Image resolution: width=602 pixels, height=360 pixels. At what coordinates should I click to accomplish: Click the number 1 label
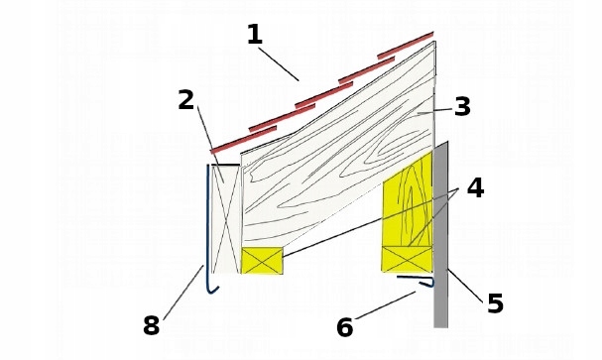[255, 35]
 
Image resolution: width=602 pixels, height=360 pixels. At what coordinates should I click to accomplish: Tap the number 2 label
[186, 100]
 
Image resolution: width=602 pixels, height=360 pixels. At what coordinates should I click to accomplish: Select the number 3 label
[462, 106]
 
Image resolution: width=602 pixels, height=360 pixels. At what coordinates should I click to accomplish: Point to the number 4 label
[475, 188]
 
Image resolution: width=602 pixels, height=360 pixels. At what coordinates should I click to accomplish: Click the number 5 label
[495, 303]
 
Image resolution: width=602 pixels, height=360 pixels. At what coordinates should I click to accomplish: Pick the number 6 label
[344, 327]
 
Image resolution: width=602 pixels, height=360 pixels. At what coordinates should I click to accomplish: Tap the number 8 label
[152, 325]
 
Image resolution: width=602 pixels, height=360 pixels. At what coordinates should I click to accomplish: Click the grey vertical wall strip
[440, 235]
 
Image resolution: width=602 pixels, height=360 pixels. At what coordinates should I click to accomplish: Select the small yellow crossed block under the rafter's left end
[262, 261]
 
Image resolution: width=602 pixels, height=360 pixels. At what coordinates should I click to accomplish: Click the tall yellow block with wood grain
[408, 198]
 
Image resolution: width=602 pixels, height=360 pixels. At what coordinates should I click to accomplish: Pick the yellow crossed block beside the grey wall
[408, 260]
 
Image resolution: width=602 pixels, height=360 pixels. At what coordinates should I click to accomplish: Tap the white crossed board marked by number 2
[226, 219]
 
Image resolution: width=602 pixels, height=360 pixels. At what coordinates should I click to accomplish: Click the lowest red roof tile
[243, 139]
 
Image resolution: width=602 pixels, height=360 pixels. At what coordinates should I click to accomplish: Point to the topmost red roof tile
[406, 46]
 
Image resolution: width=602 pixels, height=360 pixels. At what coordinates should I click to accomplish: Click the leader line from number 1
[279, 64]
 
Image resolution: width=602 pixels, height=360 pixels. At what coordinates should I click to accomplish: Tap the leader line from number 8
[183, 293]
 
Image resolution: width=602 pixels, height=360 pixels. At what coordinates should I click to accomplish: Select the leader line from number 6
[386, 305]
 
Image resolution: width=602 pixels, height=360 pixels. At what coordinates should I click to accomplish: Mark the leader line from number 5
[465, 286]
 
